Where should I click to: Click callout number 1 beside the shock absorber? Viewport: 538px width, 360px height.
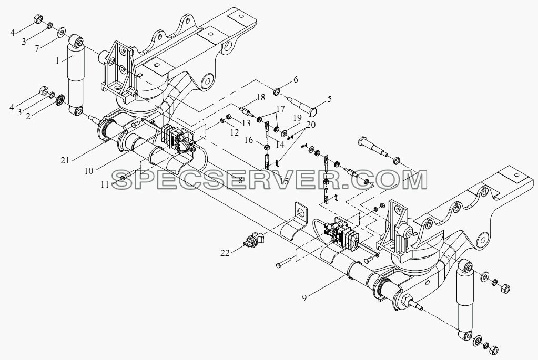[x=58, y=61]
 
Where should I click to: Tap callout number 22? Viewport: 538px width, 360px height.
[x=225, y=253]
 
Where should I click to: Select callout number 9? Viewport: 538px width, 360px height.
[x=304, y=298]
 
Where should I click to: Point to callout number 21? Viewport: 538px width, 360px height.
[x=65, y=160]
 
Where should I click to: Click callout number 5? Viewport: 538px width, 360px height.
[x=329, y=99]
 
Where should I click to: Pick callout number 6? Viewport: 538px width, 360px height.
[x=296, y=80]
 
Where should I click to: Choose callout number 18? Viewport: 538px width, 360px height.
[x=261, y=97]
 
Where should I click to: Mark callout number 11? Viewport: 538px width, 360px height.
[x=105, y=185]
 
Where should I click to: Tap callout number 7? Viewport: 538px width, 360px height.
[x=37, y=48]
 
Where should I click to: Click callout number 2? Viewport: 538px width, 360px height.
[x=28, y=116]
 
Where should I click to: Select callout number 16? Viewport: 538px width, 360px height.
[x=249, y=140]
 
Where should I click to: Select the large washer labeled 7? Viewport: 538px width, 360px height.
[x=62, y=32]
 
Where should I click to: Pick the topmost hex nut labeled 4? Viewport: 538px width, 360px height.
[x=38, y=19]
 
